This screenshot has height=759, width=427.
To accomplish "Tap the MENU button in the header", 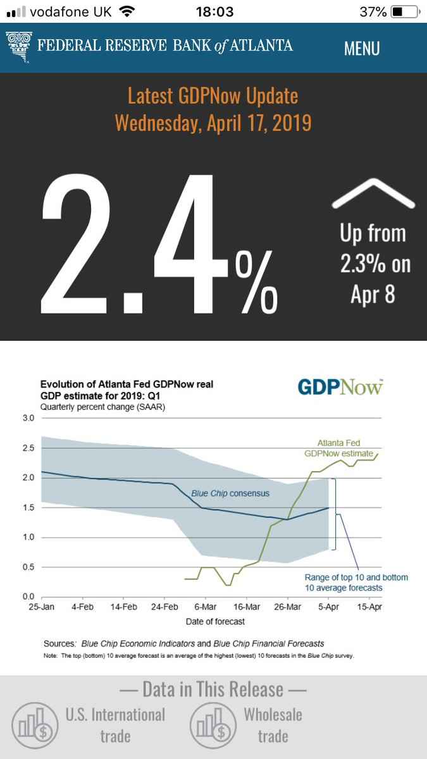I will [362, 48].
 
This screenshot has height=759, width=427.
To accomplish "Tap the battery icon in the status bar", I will [402, 12].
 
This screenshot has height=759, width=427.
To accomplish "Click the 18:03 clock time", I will [215, 12].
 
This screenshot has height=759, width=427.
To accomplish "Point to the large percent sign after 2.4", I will [256, 281].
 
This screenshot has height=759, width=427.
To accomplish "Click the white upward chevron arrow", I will [373, 192].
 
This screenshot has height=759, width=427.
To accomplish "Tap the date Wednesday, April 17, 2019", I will [213, 122].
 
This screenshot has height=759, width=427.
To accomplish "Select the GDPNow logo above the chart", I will [340, 386].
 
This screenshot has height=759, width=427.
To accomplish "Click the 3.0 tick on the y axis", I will [28, 419].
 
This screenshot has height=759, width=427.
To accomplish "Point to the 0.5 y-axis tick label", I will [28, 567].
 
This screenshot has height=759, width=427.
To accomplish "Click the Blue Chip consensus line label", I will [230, 493].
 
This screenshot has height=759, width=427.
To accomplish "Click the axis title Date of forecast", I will [215, 621].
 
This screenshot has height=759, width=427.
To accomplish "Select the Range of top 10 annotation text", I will [356, 583].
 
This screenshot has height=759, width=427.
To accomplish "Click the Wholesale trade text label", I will [273, 725].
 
